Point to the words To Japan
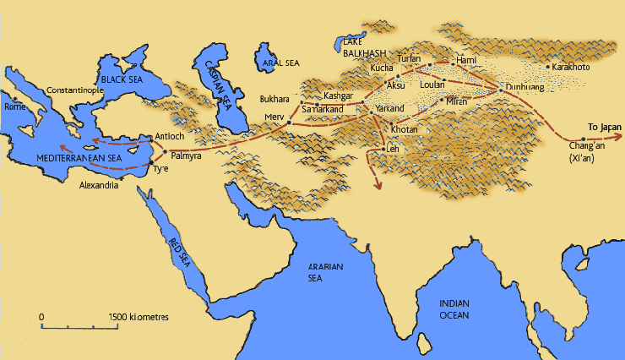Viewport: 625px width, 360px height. tap(605, 127)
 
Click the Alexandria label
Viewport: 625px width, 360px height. tap(101, 183)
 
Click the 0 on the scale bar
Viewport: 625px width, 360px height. tap(41, 317)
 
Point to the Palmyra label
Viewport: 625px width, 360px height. tap(187, 156)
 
